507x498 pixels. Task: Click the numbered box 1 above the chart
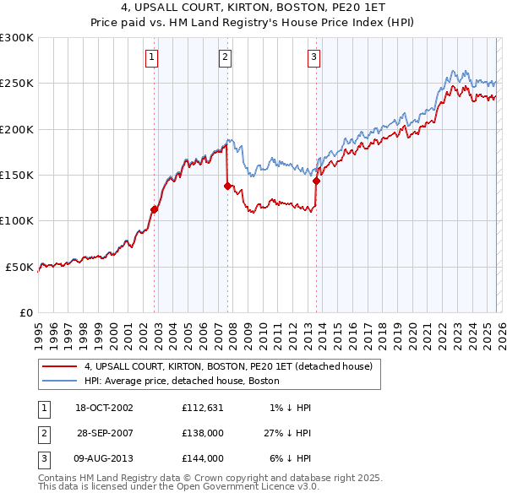tap(151, 57)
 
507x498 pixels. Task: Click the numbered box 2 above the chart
tap(226, 57)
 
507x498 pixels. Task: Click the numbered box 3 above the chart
tap(313, 57)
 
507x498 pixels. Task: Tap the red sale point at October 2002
tap(155, 209)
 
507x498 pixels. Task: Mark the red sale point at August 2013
tap(316, 181)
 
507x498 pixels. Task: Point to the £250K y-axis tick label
tap(17, 84)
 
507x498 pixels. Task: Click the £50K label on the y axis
tap(19, 267)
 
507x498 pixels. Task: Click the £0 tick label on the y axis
tap(25, 312)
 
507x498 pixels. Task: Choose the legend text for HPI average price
tap(188, 381)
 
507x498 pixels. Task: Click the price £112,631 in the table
tap(202, 408)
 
